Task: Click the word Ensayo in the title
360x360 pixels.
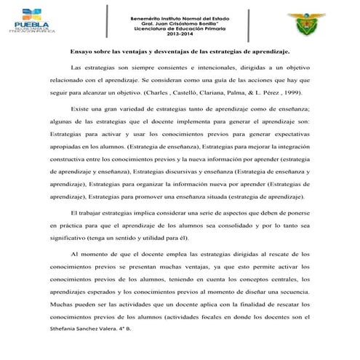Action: point(84,52)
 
